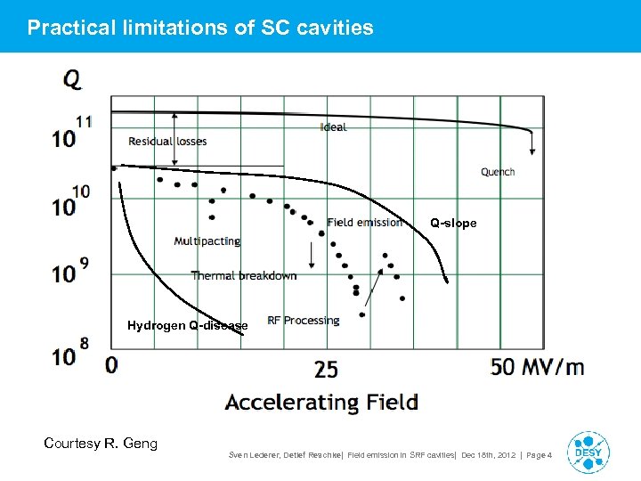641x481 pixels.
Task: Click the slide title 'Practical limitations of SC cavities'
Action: pos(200,28)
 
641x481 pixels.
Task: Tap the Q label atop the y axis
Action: pos(72,79)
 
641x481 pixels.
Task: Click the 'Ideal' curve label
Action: pos(333,127)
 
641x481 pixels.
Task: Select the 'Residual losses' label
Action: pos(167,142)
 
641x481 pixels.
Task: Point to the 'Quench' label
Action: pos(498,172)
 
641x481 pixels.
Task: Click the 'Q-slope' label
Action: pos(453,224)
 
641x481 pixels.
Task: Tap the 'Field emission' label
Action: pos(364,222)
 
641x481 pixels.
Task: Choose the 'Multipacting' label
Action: pos(207,241)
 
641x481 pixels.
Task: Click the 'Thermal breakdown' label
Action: pos(243,275)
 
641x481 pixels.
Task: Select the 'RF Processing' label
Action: pos(304,321)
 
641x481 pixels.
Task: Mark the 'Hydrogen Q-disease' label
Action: pos(188,326)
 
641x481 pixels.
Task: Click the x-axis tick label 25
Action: pos(326,368)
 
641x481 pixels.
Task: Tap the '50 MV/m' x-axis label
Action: pos(537,366)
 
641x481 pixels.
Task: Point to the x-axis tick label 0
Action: pos(111,365)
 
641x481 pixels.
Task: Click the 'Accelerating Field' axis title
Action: pos(321,402)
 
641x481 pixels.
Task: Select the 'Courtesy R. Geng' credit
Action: pos(101,443)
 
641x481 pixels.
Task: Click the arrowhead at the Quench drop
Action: pos(531,152)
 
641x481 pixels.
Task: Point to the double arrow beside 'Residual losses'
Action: pos(175,138)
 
